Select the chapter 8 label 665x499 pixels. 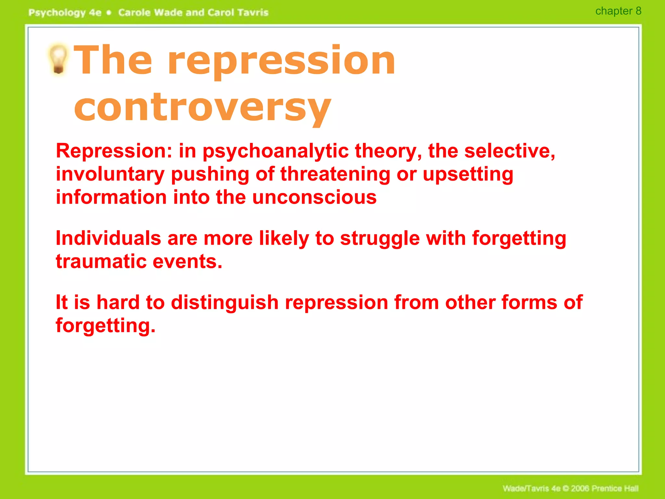click(x=618, y=11)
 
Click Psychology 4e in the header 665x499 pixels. click(x=65, y=13)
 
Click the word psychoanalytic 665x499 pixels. click(x=276, y=151)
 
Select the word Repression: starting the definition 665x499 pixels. click(x=114, y=151)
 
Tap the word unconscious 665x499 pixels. click(x=314, y=197)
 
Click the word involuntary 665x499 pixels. click(x=110, y=174)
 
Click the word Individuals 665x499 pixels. click(x=108, y=238)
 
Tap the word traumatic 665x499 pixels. click(x=101, y=262)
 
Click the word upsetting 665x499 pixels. click(x=468, y=174)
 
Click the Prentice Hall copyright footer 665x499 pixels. click(x=571, y=488)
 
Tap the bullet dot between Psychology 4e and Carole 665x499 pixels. click(x=109, y=13)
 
